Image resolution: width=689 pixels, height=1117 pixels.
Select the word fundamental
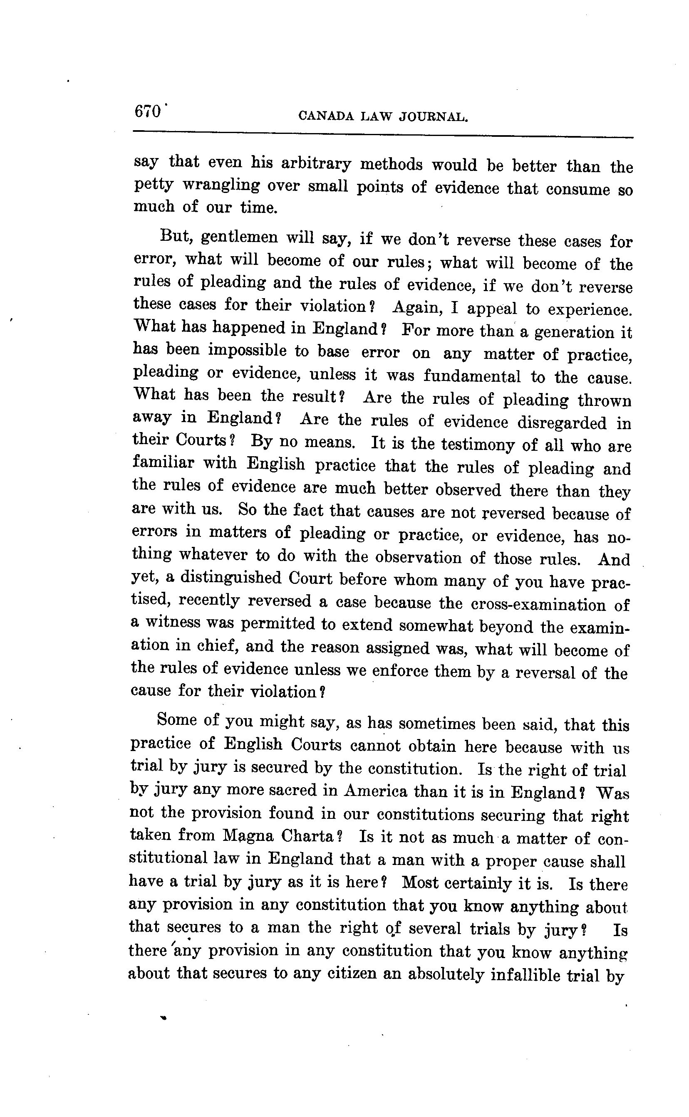pos(472,376)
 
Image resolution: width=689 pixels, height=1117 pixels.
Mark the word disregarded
pos(562,422)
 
